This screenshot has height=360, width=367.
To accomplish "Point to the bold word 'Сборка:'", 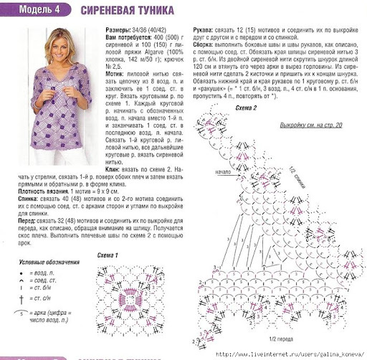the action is pos(207,48).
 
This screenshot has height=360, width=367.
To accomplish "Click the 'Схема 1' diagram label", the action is pos(107,255).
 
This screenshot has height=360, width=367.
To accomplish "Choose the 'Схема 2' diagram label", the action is pos(246,107).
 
